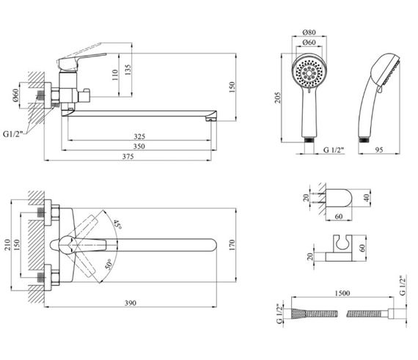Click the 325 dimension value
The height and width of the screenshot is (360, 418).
(139, 136)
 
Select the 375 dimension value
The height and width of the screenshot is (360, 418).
(128, 157)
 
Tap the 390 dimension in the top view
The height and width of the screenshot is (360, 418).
(131, 303)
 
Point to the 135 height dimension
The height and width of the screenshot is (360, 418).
(128, 70)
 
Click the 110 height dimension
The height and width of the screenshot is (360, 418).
(115, 75)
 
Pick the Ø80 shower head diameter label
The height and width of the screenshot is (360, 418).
(309, 32)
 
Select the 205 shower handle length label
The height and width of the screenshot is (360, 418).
(277, 98)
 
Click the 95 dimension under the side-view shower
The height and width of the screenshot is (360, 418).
(379, 150)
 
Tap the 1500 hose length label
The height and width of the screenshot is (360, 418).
(342, 293)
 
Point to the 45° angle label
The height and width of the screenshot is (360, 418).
(117, 225)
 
